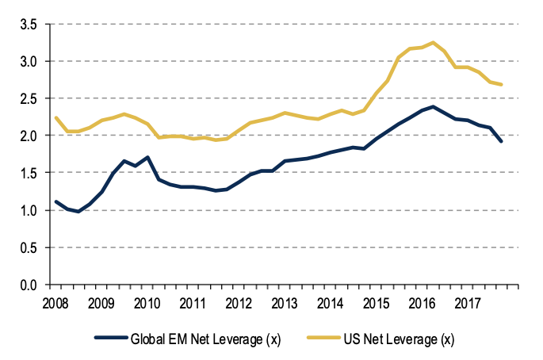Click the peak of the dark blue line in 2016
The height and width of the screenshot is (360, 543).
pos(433,106)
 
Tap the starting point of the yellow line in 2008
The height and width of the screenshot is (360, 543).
pos(55,118)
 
